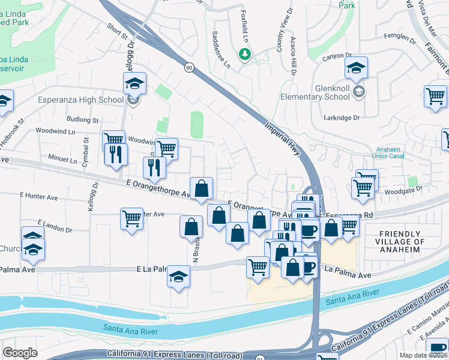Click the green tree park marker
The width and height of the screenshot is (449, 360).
(x=245, y=55)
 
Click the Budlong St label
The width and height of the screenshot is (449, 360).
(x=82, y=120)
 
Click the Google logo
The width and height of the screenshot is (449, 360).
(x=20, y=352)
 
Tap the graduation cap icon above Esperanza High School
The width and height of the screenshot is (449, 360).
(x=134, y=83)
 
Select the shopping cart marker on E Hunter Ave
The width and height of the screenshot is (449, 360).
(x=131, y=218)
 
